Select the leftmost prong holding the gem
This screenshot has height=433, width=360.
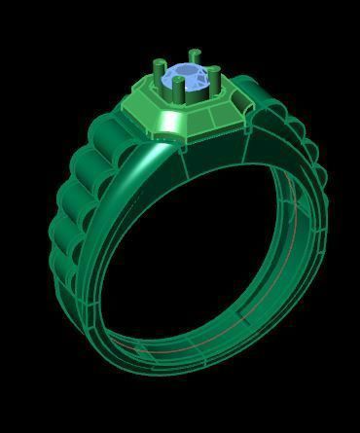point(157,74)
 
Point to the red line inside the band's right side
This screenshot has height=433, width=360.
point(295,219)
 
